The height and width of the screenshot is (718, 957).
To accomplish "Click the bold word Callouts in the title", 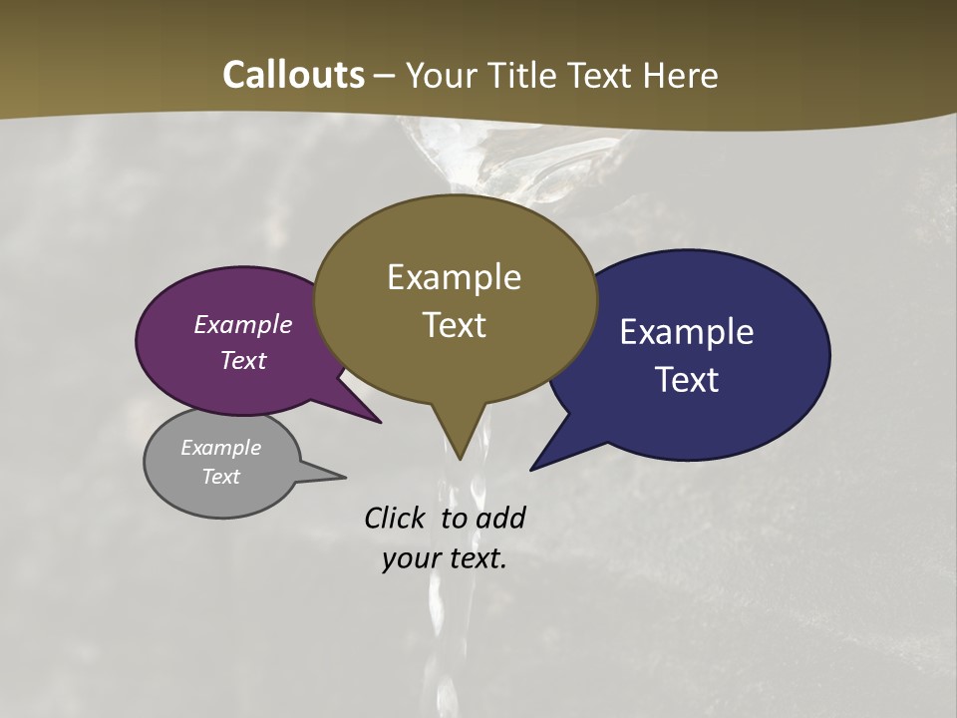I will pos(293,75).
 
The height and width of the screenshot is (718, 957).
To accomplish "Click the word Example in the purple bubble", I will pos(243,324).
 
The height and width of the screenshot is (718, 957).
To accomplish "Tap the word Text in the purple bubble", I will pos(243,360).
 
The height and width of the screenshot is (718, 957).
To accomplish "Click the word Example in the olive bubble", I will pos(454,277).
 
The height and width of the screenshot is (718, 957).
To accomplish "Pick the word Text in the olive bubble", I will pos(454,325).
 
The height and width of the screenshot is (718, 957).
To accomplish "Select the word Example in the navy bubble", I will pos(687,332).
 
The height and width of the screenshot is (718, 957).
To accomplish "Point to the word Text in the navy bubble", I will pos(687,379).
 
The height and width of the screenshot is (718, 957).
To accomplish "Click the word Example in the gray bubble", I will pos(221,448).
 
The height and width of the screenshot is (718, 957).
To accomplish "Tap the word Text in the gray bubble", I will pos(221,477).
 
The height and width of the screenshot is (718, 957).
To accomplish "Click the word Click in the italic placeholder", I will pos(397,518).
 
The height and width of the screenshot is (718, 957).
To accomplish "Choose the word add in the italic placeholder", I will pos(501,518).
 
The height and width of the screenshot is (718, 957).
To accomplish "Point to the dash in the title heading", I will pos(386,76).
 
